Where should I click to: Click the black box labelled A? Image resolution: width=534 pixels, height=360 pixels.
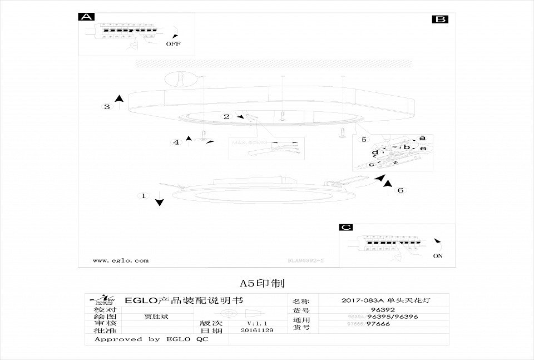(x=87, y=17)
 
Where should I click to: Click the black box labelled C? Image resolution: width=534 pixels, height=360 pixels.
(x=347, y=228)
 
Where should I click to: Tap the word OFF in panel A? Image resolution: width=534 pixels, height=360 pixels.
(x=173, y=43)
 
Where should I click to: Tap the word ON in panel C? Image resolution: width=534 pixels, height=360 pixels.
(x=438, y=257)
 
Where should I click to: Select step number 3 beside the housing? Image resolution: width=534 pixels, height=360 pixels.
(x=107, y=107)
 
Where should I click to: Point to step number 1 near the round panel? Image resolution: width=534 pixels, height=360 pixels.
(x=144, y=196)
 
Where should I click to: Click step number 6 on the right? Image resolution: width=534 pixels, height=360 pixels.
(x=399, y=190)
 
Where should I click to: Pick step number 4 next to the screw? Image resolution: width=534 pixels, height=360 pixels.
(x=176, y=142)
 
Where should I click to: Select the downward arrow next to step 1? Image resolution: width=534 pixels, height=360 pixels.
(x=160, y=199)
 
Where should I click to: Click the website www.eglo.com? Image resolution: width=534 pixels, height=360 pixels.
(x=121, y=260)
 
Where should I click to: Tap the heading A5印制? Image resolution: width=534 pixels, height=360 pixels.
(x=261, y=284)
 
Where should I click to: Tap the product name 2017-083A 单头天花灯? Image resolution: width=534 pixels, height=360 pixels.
(x=386, y=300)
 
